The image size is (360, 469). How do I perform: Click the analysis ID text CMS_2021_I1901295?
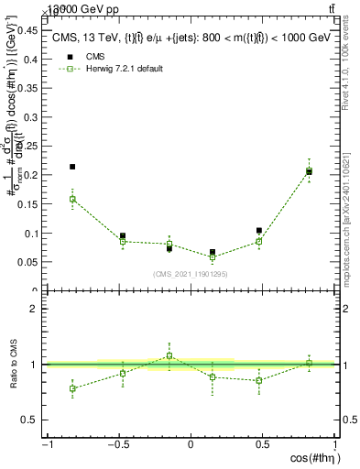point(191,274)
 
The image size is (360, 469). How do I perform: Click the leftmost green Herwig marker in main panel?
point(72,199)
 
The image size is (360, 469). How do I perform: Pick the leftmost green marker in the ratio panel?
point(72,388)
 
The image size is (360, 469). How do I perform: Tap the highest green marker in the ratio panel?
point(169,355)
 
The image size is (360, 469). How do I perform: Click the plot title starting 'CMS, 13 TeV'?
point(190,37)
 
